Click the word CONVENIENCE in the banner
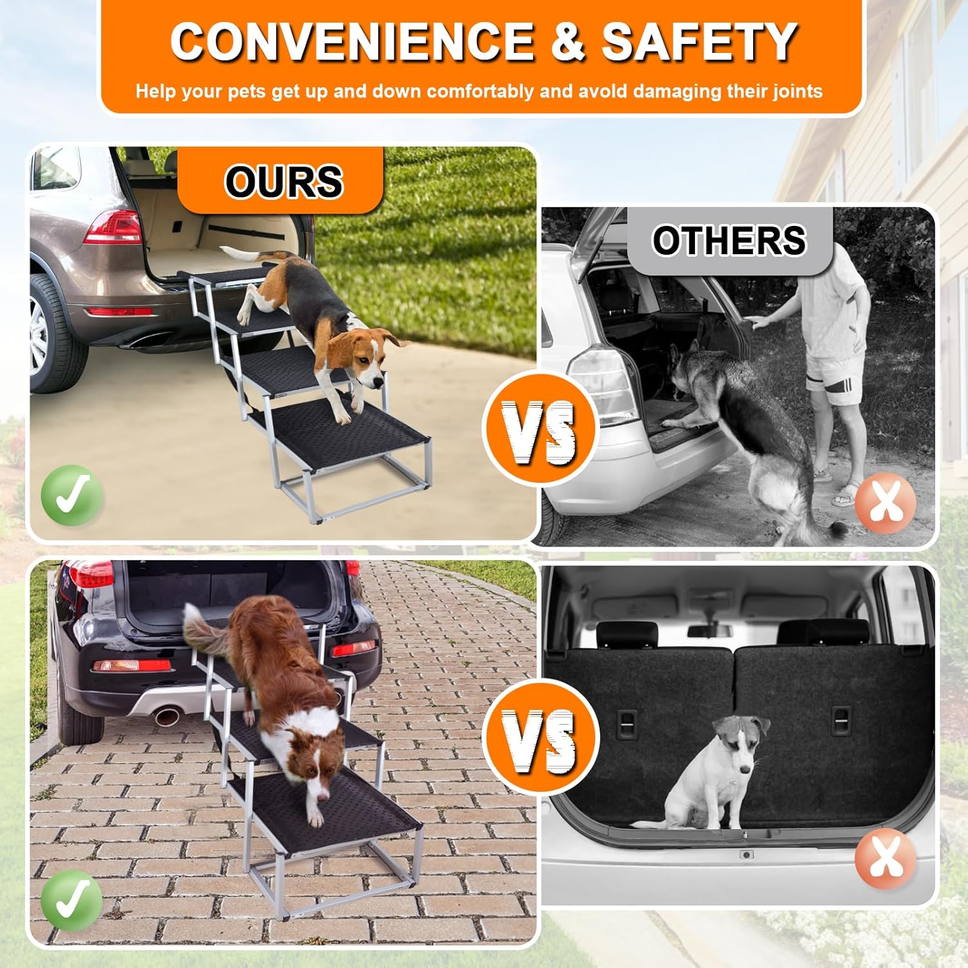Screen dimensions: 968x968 pos(352,42)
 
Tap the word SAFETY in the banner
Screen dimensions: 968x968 pos(700,42)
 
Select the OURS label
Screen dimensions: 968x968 pos(283,181)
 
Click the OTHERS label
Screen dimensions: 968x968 pos(729,241)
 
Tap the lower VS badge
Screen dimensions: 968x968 pos(540,738)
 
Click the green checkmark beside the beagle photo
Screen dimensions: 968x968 pos(72,496)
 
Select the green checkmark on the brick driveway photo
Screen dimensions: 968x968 pos(72,900)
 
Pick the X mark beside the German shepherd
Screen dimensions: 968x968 pos(885,503)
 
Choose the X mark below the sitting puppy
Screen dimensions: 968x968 pos(885,859)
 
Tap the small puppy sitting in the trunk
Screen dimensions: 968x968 pos(716,774)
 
